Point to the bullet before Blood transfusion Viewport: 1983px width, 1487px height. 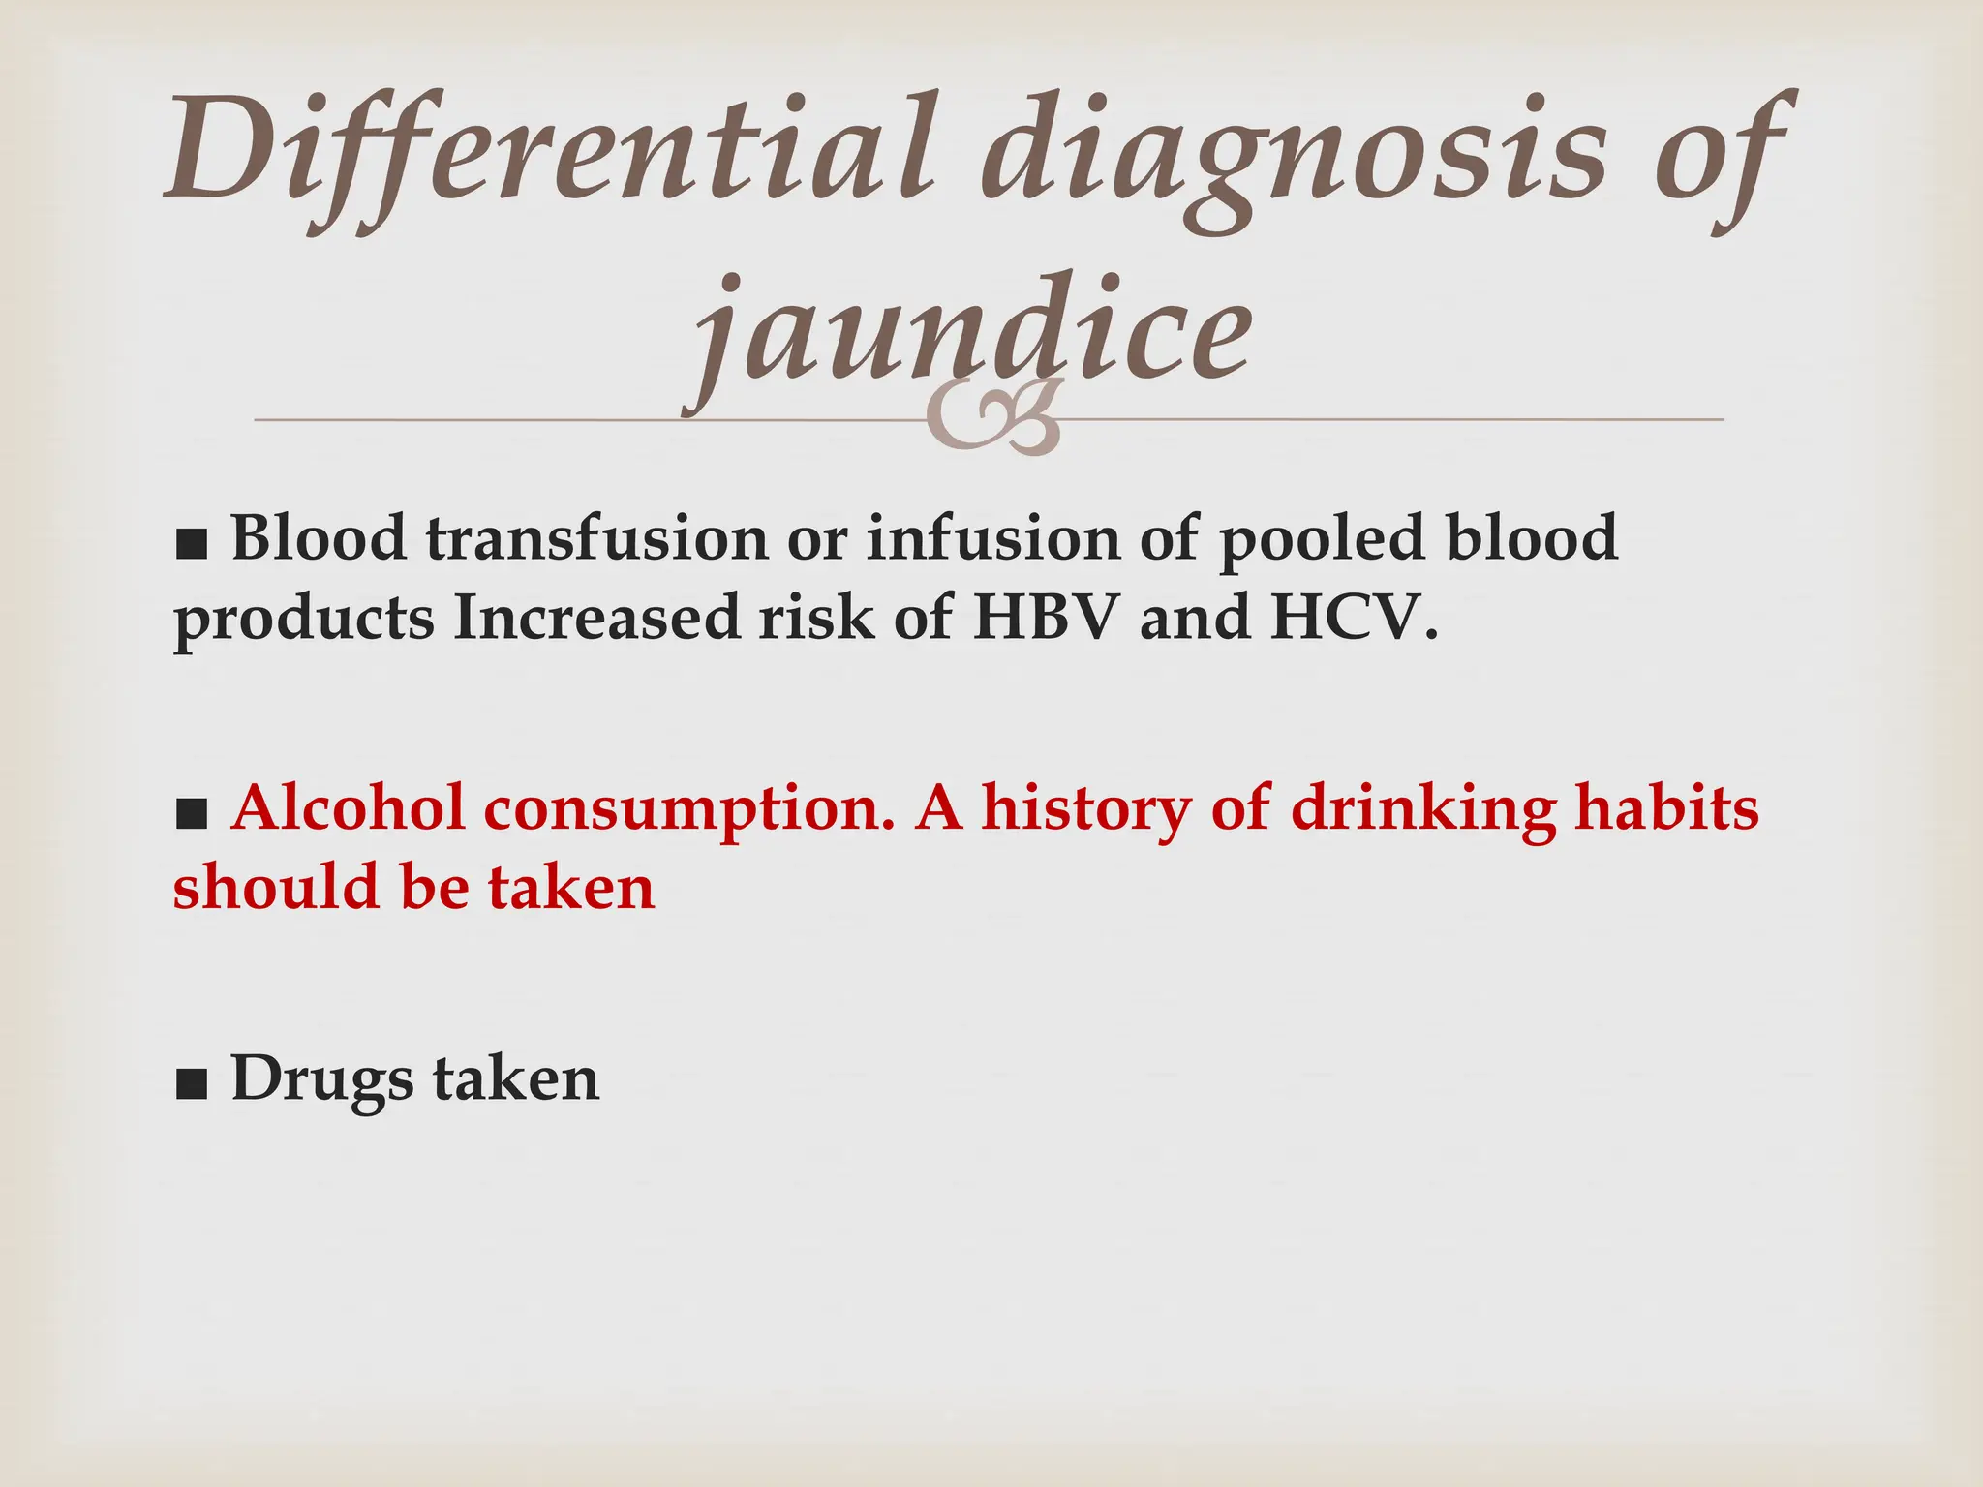click(192, 544)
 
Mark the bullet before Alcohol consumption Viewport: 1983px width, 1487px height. click(192, 815)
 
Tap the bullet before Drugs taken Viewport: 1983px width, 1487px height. click(192, 1086)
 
